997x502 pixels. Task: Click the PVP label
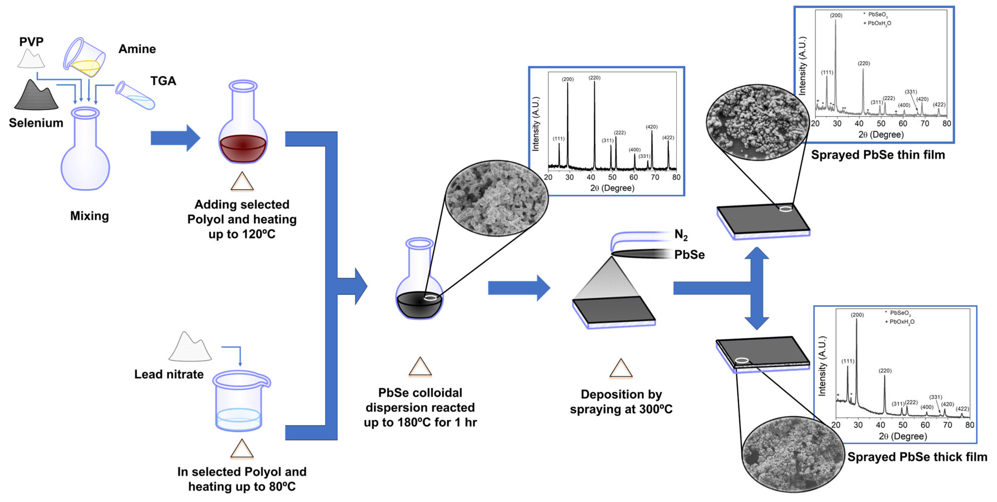(x=31, y=42)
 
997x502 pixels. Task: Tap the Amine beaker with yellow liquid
(x=84, y=58)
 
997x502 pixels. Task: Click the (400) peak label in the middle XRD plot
(x=634, y=150)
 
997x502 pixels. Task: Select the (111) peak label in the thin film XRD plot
(x=827, y=72)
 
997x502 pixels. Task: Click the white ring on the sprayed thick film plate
(x=742, y=360)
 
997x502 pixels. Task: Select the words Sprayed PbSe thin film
(x=878, y=155)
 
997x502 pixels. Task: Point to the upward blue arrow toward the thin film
(x=757, y=264)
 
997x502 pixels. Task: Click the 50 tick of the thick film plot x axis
(x=902, y=425)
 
